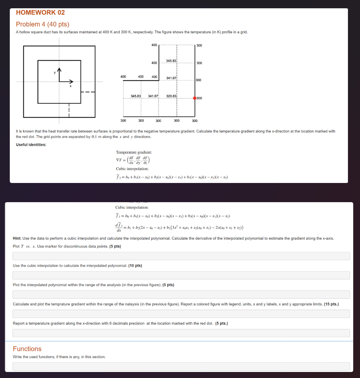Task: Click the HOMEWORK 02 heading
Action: pos(40,12)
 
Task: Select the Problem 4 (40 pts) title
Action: pos(43,24)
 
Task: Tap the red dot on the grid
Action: pos(194,98)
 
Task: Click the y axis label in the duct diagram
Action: pos(55,72)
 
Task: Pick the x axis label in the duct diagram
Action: pos(70,86)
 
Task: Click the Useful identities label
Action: pos(31,145)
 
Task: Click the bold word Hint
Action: pos(17,238)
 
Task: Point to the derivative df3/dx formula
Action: pos(179,227)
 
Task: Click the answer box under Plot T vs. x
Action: pos(181,256)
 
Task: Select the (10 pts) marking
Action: pos(135,266)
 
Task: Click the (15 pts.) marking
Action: pos(331,304)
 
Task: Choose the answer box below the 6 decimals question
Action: pos(181,333)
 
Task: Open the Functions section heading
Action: pos(27,349)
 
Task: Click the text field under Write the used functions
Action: pos(181,366)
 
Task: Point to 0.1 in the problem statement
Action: pos(96,137)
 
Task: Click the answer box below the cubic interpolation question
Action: pos(181,275)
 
